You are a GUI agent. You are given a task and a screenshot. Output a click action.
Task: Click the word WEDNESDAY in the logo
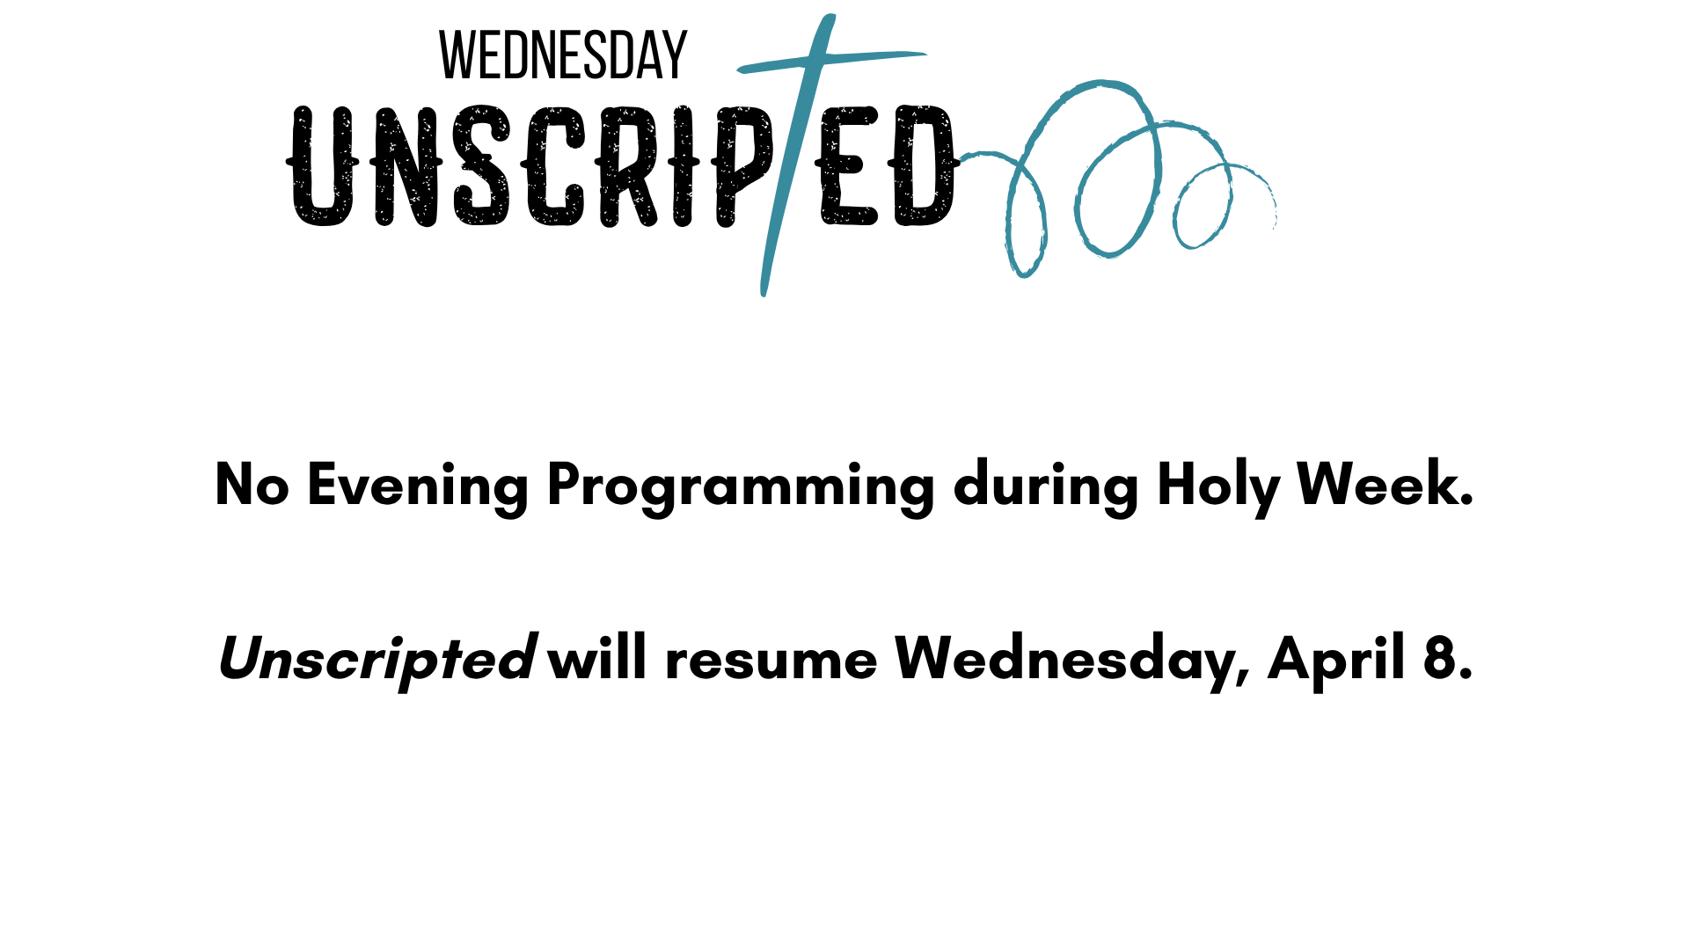tap(562, 55)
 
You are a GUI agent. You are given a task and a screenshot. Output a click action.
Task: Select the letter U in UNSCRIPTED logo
tap(322, 166)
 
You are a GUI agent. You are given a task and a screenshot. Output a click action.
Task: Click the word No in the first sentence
tap(252, 485)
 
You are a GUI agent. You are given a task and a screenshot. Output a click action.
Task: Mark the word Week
tap(1385, 485)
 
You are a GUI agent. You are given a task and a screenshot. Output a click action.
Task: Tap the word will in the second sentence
tap(597, 658)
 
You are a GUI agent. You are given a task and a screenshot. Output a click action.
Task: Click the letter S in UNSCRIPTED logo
tap(481, 166)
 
